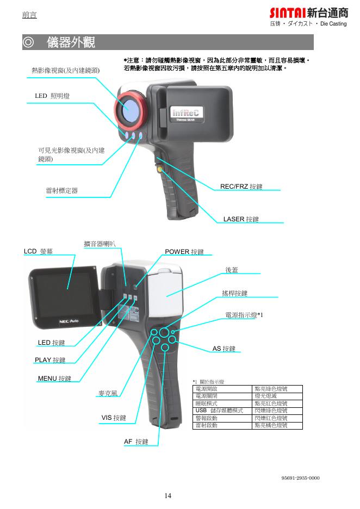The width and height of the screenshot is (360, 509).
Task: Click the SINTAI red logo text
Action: (287, 13)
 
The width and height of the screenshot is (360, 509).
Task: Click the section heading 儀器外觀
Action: (70, 42)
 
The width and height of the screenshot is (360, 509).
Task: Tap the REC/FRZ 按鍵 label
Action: (241, 187)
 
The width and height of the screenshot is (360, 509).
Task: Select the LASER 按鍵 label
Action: (241, 219)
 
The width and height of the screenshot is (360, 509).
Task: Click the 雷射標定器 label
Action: (61, 190)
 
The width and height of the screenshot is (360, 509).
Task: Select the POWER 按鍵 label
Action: (184, 252)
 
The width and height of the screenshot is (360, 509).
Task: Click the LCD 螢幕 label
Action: (38, 251)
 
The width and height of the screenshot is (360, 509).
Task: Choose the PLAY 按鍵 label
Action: (50, 360)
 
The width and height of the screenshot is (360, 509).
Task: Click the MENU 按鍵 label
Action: (54, 378)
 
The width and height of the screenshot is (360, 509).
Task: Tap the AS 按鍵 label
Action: (224, 349)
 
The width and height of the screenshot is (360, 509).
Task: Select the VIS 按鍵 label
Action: (114, 418)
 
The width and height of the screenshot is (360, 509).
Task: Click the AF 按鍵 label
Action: (136, 442)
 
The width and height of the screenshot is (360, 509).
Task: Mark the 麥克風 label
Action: (108, 393)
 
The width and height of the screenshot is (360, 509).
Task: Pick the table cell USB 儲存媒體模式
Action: (219, 411)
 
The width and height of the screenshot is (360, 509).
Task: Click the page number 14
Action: (168, 495)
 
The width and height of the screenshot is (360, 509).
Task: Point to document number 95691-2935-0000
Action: (300, 478)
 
